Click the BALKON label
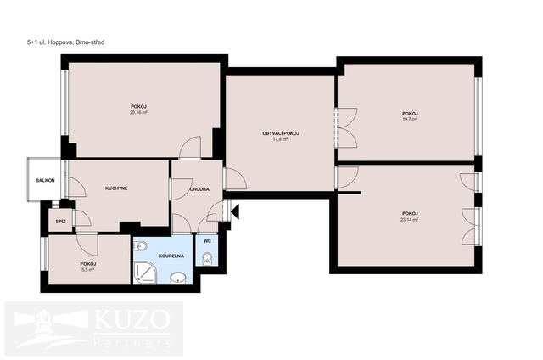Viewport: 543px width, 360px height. click(x=45, y=181)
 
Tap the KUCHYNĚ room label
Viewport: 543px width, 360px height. click(x=116, y=188)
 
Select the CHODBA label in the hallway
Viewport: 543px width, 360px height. click(x=199, y=189)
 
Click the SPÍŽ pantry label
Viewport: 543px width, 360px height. click(x=60, y=222)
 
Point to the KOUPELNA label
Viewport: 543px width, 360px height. click(x=171, y=256)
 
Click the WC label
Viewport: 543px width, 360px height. click(x=207, y=241)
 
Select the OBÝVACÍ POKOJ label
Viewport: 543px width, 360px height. click(x=281, y=133)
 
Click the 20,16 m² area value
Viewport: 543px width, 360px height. click(x=139, y=112)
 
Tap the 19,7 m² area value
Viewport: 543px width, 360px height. click(x=410, y=119)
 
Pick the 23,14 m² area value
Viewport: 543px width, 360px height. click(x=409, y=219)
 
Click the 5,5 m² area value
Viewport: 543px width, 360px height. click(x=88, y=269)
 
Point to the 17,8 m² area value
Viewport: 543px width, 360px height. click(x=281, y=139)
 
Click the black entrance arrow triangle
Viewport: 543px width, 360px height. click(x=235, y=211)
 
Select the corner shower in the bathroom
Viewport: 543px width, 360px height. click(x=145, y=273)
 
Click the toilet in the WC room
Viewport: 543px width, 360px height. click(x=207, y=258)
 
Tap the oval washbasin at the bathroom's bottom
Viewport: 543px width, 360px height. click(x=178, y=278)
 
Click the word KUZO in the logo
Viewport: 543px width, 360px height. click(x=132, y=319)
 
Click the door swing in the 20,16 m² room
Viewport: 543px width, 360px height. click(x=190, y=148)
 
